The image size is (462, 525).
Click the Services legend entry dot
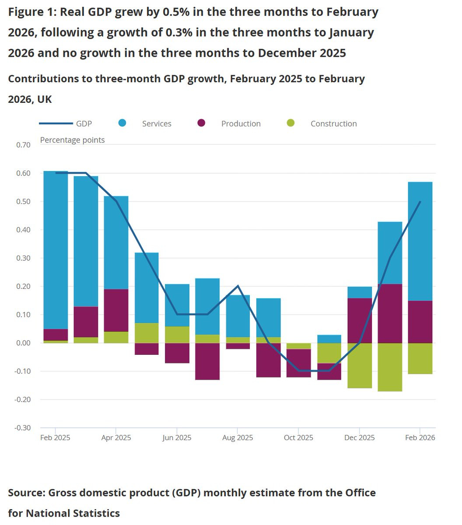122,123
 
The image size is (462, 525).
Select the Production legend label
241,124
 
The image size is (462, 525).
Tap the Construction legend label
333,124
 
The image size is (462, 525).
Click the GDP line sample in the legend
56,124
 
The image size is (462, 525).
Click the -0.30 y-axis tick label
23,428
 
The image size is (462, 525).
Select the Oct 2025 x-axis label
298,437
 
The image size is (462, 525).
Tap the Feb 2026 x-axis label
420,437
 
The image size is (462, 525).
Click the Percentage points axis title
72,140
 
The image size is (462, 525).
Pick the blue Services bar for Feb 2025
56,249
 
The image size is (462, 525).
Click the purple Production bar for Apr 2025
116,311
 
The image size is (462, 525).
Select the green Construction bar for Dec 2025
359,365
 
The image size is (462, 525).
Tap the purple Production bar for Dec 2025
359,320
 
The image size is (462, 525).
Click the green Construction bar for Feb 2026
420,358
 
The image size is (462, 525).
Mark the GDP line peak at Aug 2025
238,286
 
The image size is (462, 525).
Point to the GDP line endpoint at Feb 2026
420,202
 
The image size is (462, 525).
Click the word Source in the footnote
26,493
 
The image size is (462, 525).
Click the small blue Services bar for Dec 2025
359,293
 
